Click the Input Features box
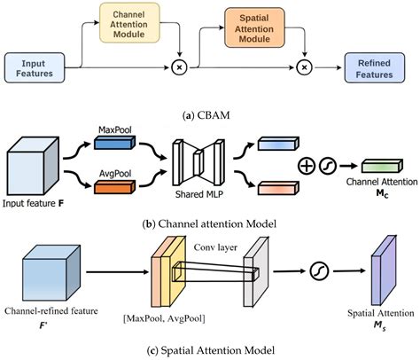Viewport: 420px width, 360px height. pos(35,67)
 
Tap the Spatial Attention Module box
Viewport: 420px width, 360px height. pos(254,27)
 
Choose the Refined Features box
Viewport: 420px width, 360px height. pos(375,67)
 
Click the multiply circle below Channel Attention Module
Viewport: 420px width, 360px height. pos(179,67)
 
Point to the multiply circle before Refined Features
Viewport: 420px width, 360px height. pos(305,67)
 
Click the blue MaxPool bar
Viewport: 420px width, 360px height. pos(114,143)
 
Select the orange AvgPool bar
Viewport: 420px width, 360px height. pos(114,187)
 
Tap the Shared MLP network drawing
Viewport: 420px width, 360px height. pos(198,162)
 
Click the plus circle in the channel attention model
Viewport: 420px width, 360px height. pos(307,166)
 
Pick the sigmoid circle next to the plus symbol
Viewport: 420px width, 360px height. pos(328,166)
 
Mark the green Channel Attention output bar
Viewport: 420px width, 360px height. pos(382,166)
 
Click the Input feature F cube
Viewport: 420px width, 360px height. pos(33,166)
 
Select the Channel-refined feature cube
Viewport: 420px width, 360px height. pos(51,273)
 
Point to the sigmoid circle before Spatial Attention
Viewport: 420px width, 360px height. pos(319,271)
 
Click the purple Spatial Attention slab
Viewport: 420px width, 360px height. pos(384,270)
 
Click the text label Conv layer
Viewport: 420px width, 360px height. pos(215,247)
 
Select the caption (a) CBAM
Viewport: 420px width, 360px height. pos(206,115)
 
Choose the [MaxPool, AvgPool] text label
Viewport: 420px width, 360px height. pos(164,318)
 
